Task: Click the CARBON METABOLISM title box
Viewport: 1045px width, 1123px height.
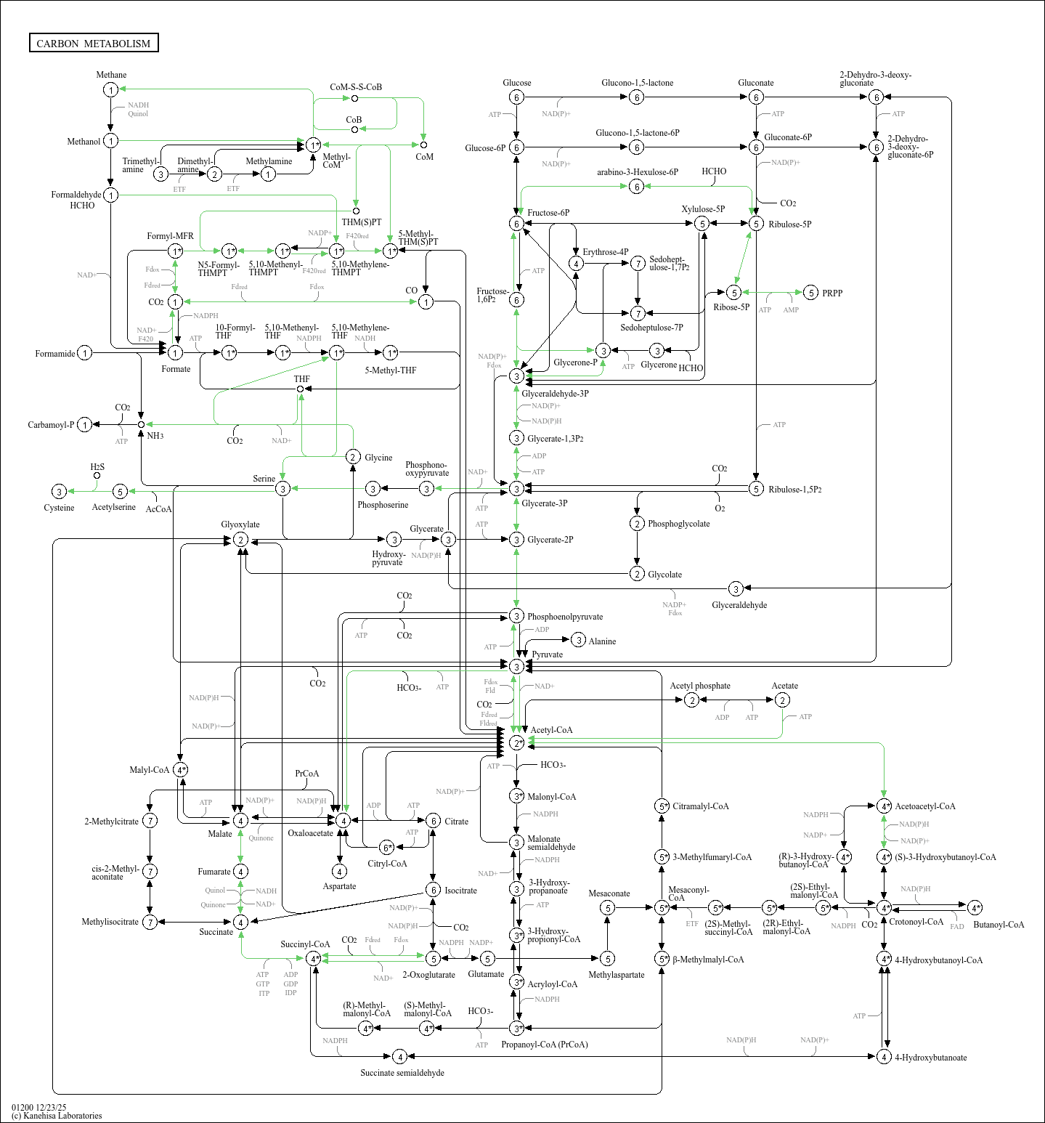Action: pyautogui.click(x=94, y=43)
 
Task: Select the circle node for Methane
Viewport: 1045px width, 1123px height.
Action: pyautogui.click(x=110, y=89)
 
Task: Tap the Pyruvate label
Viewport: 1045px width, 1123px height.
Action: pyautogui.click(x=547, y=654)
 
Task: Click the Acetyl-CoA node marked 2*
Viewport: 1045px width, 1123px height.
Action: pyautogui.click(x=516, y=742)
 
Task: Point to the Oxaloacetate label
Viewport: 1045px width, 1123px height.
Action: pyautogui.click(x=310, y=833)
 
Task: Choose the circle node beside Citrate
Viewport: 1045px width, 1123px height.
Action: pyautogui.click(x=433, y=821)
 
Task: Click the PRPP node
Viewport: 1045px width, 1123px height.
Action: pyautogui.click(x=811, y=293)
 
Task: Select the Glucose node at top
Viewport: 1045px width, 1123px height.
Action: pyautogui.click(x=516, y=97)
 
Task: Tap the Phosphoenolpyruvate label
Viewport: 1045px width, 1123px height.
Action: pyautogui.click(x=564, y=617)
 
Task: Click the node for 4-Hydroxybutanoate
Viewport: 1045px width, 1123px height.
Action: pyautogui.click(x=884, y=1056)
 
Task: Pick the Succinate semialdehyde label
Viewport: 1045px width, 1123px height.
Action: pyautogui.click(x=402, y=1073)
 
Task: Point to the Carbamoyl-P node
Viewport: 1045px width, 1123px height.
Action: pyautogui.click(x=85, y=424)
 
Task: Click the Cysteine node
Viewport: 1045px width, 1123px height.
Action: pyautogui.click(x=60, y=492)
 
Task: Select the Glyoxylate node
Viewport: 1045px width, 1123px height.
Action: pyautogui.click(x=240, y=540)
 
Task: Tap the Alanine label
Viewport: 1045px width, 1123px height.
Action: pyautogui.click(x=602, y=641)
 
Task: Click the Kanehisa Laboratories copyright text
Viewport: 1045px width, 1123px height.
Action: pyautogui.click(x=57, y=1116)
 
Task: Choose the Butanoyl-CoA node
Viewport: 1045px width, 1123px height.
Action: pyautogui.click(x=975, y=907)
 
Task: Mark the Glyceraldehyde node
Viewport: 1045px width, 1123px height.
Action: pyautogui.click(x=736, y=588)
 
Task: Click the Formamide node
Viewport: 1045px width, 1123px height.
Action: pyautogui.click(x=85, y=353)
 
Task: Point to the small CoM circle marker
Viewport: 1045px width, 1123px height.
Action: pyautogui.click(x=423, y=145)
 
